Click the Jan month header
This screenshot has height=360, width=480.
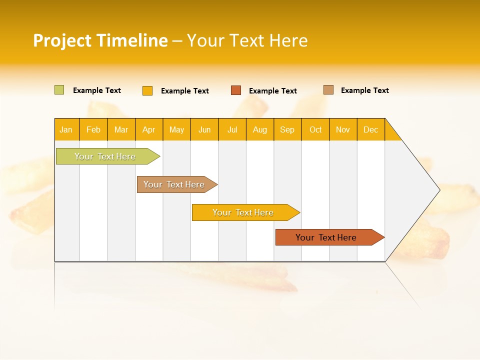66,129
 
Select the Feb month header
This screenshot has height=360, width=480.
93,129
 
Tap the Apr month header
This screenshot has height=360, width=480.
148,129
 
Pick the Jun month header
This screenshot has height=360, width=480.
204,129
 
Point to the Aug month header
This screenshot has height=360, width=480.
259,129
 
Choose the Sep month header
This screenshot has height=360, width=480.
287,129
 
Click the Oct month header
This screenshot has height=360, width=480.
315,129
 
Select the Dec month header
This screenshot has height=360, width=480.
370,129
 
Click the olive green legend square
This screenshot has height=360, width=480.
59,90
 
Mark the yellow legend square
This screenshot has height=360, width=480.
147,90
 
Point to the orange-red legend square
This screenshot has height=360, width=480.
236,90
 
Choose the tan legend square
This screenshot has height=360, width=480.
328,90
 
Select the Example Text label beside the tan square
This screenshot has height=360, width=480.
364,90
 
